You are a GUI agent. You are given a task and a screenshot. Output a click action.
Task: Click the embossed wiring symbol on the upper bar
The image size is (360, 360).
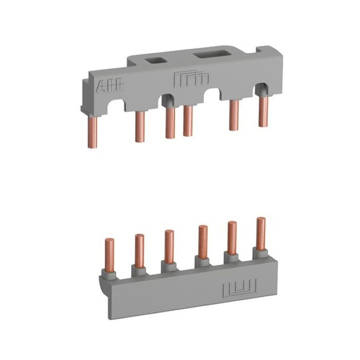coord(191,79)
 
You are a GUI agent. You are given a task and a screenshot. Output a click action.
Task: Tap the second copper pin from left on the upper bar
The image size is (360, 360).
coord(140,127)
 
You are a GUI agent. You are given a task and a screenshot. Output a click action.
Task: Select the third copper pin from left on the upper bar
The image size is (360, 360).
coord(170,123)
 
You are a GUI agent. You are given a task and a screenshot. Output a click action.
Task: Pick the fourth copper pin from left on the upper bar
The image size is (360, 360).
coord(188,121)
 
